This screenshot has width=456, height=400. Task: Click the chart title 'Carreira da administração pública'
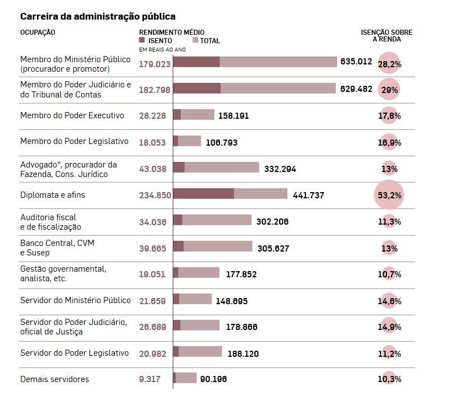click(x=94, y=17)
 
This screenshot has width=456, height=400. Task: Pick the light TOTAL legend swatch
click(x=196, y=41)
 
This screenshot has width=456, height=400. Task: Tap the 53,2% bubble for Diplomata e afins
click(x=389, y=196)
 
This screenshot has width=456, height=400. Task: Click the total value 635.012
click(x=356, y=62)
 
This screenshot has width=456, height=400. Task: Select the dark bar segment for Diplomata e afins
click(x=203, y=194)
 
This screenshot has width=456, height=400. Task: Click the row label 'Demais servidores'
click(x=54, y=379)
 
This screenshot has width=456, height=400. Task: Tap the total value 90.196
click(x=213, y=379)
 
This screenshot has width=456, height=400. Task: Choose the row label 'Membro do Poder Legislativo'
click(x=75, y=141)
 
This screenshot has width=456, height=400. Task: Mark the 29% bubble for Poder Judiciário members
click(x=389, y=90)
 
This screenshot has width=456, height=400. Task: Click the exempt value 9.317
click(x=150, y=379)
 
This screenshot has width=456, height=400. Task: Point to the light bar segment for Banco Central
click(x=218, y=246)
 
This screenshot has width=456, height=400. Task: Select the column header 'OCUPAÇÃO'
click(x=38, y=32)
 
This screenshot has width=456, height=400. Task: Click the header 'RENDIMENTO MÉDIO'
click(x=171, y=32)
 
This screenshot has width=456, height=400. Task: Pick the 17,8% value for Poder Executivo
click(x=389, y=116)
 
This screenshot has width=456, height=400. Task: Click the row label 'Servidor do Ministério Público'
click(x=76, y=300)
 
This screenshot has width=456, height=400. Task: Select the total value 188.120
click(x=243, y=354)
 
